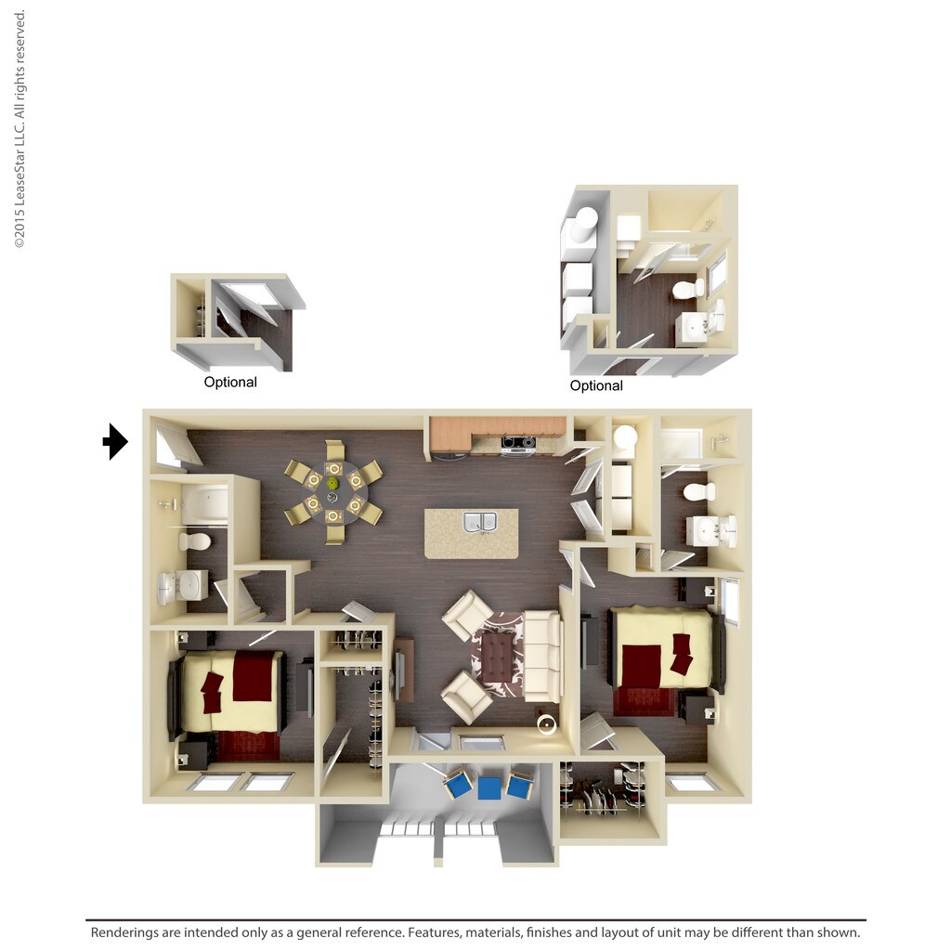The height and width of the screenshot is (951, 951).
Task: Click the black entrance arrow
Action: [115, 441]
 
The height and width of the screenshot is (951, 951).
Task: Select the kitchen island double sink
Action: [480, 522]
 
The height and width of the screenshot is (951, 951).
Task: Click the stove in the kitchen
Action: [518, 445]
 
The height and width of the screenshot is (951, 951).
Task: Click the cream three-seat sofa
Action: [543, 656]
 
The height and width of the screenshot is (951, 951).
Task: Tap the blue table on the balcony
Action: [489, 788]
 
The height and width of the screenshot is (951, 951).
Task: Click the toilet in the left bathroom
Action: [196, 541]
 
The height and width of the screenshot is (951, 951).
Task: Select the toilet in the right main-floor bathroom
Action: [698, 491]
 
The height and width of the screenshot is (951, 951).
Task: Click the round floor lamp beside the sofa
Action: [547, 725]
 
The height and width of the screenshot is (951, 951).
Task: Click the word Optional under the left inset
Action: [230, 383]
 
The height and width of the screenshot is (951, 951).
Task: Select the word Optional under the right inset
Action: [596, 386]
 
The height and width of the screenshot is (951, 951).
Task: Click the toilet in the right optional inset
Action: [688, 289]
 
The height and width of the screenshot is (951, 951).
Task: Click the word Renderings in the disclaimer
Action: [129, 932]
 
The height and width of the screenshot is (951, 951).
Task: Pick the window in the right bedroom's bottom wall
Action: [692, 784]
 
